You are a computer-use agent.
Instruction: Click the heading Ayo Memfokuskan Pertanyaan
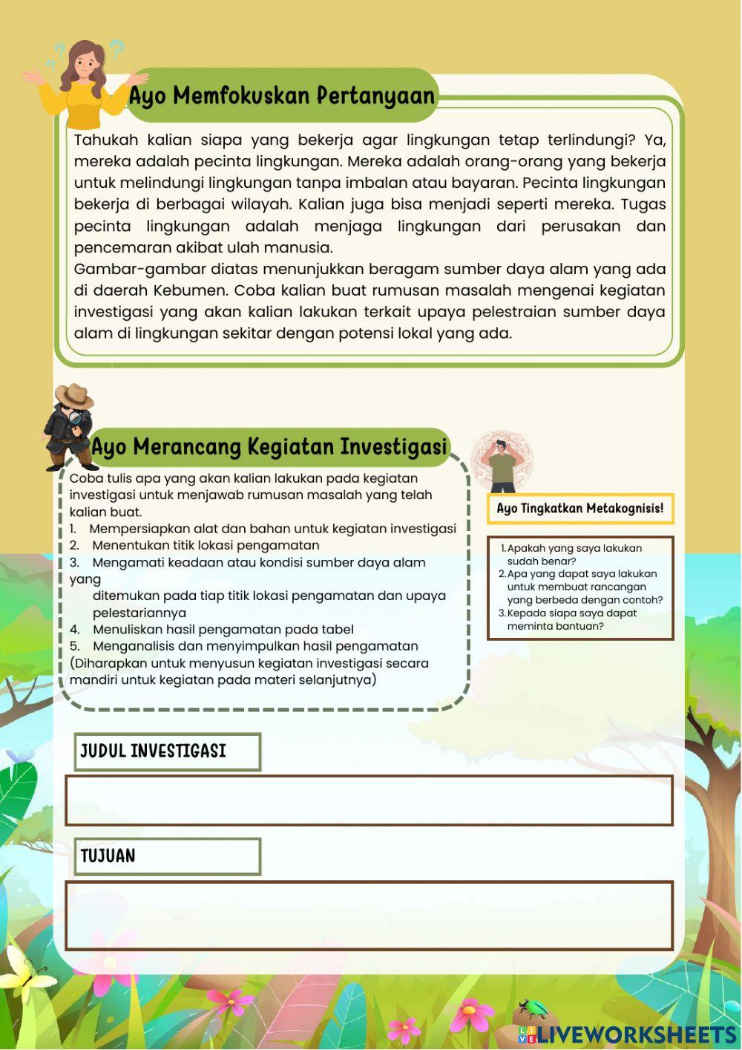[281, 96]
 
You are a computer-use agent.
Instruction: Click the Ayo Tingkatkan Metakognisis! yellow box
[580, 509]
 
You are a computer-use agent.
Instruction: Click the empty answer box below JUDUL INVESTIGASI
[369, 800]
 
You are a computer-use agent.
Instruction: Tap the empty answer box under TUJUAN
[369, 916]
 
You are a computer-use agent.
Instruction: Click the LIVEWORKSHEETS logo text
[635, 1034]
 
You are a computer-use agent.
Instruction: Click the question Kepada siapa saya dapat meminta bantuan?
[571, 619]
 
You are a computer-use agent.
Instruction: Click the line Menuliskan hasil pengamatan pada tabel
[223, 630]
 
